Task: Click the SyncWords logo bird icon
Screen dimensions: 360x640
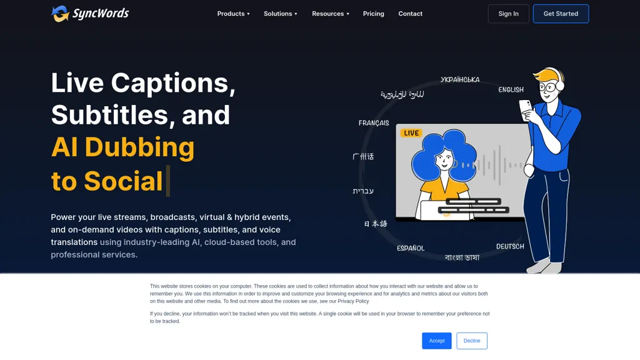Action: coord(60,14)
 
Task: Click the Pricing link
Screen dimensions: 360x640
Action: coord(374,14)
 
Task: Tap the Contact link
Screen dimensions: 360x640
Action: coord(410,14)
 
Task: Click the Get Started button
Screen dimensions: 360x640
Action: coord(561,14)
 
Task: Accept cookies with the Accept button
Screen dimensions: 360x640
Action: coord(436,341)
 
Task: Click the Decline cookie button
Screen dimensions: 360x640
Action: coord(472,341)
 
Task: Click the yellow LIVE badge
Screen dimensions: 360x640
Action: coord(411,133)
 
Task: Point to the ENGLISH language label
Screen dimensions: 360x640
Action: coord(511,90)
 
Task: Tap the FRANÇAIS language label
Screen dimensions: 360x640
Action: coord(374,123)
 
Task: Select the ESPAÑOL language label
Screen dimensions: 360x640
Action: coord(411,248)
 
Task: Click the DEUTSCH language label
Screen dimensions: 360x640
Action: coord(510,246)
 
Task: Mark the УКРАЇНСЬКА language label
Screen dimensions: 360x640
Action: coord(460,80)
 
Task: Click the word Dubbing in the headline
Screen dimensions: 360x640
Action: coord(139,147)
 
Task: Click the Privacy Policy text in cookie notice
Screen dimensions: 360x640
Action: coord(353,301)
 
